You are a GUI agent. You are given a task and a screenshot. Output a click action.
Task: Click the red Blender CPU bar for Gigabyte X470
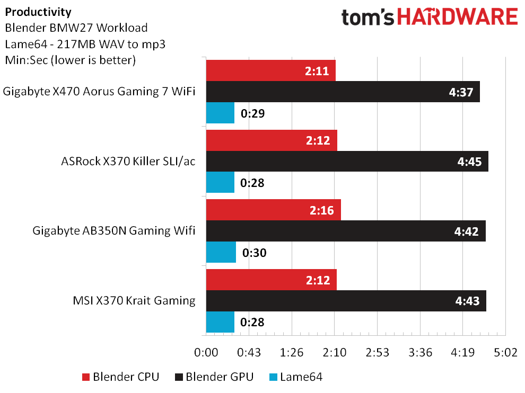pyautogui.click(x=271, y=70)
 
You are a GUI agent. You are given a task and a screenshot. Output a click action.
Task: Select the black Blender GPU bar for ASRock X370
pyautogui.click(x=347, y=161)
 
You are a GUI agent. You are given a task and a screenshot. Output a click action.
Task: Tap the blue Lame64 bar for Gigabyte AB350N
pyautogui.click(x=221, y=252)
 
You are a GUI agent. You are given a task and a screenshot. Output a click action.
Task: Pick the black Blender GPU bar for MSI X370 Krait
pyautogui.click(x=346, y=301)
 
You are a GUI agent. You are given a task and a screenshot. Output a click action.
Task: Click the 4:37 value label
pyautogui.click(x=461, y=92)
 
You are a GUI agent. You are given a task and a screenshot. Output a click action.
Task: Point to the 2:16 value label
pyautogui.click(x=322, y=210)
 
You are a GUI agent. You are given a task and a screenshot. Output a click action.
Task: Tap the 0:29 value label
pyautogui.click(x=253, y=113)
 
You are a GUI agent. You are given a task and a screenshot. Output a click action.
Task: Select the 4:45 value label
pyautogui.click(x=469, y=162)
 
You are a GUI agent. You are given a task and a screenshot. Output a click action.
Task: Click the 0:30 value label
pyautogui.click(x=255, y=253)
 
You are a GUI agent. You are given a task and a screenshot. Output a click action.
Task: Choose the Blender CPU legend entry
pyautogui.click(x=120, y=377)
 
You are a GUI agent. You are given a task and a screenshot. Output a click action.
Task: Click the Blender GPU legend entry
pyautogui.click(x=214, y=377)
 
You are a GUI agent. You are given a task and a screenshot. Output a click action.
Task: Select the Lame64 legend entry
pyautogui.click(x=296, y=377)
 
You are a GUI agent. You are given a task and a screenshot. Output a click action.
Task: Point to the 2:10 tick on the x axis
pyautogui.click(x=335, y=352)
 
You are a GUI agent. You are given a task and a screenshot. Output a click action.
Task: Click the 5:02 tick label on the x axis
pyautogui.click(x=505, y=352)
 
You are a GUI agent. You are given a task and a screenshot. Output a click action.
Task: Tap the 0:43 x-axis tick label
pyautogui.click(x=249, y=352)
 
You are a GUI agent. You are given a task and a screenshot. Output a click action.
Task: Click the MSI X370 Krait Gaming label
pyautogui.click(x=134, y=300)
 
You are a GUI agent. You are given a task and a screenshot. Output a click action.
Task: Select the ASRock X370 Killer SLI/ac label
pyautogui.click(x=128, y=161)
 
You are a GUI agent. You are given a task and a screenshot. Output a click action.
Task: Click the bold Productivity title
pyautogui.click(x=38, y=12)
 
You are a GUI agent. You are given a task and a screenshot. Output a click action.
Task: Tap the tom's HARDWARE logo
pyautogui.click(x=430, y=17)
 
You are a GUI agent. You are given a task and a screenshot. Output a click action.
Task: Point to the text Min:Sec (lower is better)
pyautogui.click(x=71, y=60)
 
